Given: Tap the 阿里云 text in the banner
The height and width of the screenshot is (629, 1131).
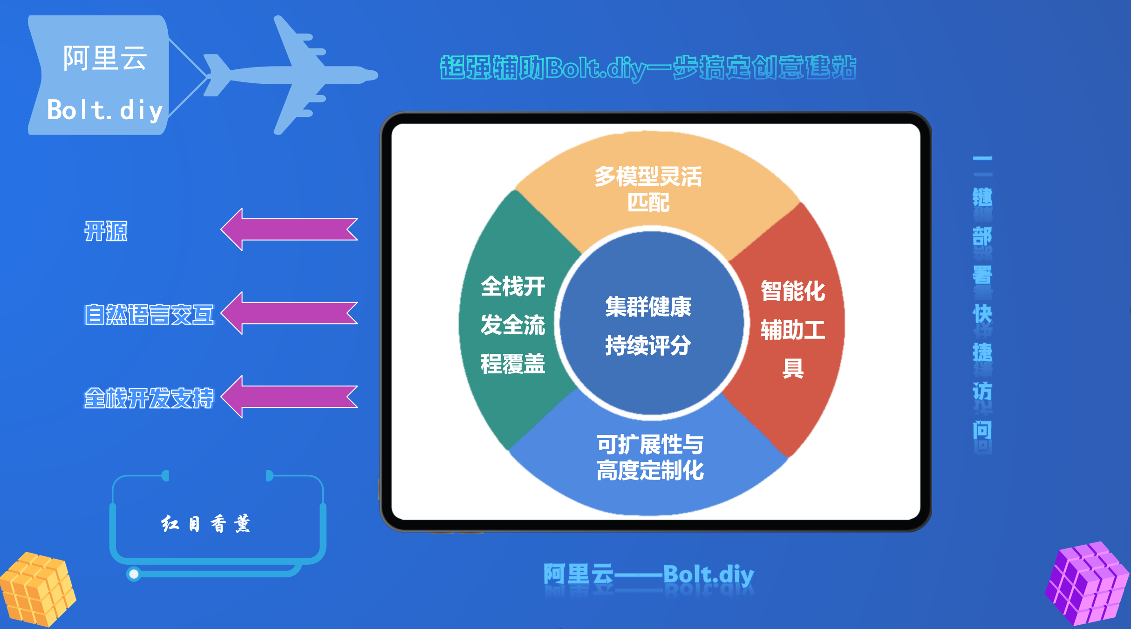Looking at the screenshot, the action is (105, 58).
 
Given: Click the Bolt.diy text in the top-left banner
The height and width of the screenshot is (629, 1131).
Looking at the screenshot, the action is (105, 110).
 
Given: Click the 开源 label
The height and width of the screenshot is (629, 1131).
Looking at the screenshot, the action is (106, 231).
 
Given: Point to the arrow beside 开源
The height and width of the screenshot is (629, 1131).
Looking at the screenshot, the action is (289, 230).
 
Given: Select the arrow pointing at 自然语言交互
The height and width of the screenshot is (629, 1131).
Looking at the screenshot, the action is (289, 313).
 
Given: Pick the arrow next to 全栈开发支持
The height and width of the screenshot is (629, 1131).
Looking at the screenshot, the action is (289, 397).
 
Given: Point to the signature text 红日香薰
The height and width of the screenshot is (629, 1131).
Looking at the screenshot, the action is (206, 524).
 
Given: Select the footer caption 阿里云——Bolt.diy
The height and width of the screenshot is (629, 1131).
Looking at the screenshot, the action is (649, 575).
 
